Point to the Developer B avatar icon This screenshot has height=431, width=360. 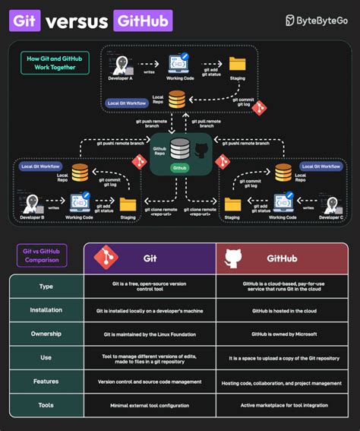[x=33, y=202]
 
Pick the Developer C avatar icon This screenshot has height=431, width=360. [x=328, y=202]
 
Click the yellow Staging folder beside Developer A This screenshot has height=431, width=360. [x=237, y=64]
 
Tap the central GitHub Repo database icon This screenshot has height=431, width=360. [x=180, y=147]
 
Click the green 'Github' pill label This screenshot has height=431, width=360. [x=180, y=167]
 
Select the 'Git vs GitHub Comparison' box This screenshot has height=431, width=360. [x=42, y=256]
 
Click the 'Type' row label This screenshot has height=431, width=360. [x=46, y=287]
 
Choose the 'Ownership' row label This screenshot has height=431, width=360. [x=46, y=334]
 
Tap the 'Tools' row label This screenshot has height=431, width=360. [x=46, y=405]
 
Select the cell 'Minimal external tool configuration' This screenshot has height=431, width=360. [x=150, y=405]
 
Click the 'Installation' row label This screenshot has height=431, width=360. [x=46, y=311]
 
